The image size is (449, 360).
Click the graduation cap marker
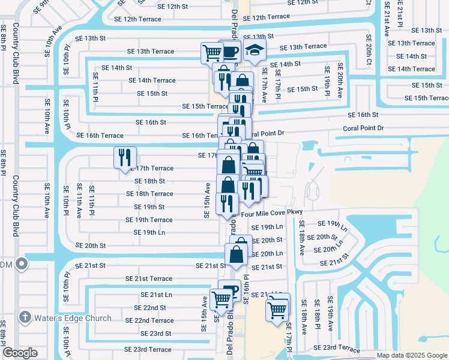click(255, 52)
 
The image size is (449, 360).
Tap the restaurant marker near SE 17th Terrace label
click(125, 157)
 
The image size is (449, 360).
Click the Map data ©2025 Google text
click(412, 355)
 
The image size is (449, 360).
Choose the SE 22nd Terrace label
click(154, 320)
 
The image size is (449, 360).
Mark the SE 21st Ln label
click(156, 295)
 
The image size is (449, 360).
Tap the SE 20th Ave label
click(340, 80)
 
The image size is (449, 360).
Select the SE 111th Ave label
click(79, 201)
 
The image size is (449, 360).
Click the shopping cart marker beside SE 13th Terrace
click(212, 52)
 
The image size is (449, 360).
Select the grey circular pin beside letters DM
click(22, 263)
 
